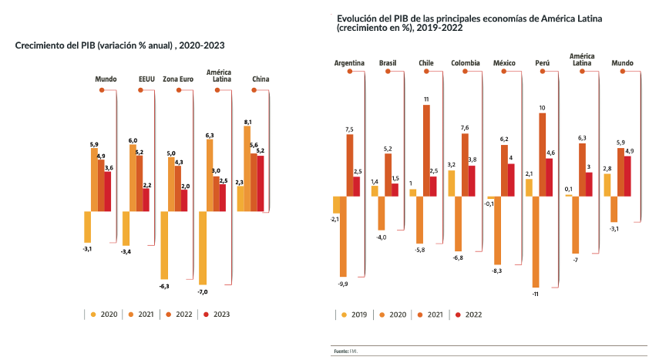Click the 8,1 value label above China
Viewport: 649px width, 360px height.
pyautogui.click(x=247, y=123)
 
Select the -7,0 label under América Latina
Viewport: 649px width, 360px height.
pyautogui.click(x=203, y=291)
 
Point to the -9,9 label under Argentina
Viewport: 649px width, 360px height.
pyautogui.click(x=343, y=284)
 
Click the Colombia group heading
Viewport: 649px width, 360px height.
pyautogui.click(x=465, y=62)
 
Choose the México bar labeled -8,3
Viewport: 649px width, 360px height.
pyautogui.click(x=496, y=230)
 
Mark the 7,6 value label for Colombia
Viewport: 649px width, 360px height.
pyautogui.click(x=465, y=127)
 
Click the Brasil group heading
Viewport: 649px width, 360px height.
pyautogui.click(x=388, y=62)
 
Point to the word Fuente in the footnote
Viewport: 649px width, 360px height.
pyautogui.click(x=340, y=352)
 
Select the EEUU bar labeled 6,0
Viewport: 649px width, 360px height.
pyautogui.click(x=133, y=177)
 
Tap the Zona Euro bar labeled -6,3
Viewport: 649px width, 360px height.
pyautogui.click(x=164, y=244)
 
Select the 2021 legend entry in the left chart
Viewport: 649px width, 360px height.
pyautogui.click(x=142, y=314)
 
